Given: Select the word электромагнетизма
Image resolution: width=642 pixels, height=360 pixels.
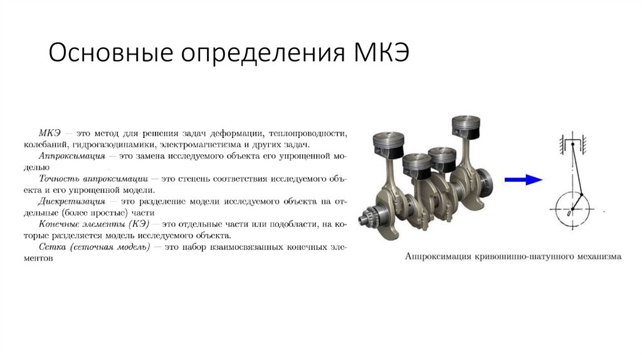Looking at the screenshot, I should click(201, 145).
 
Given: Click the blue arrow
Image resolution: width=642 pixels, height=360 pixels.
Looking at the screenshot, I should click(524, 179).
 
